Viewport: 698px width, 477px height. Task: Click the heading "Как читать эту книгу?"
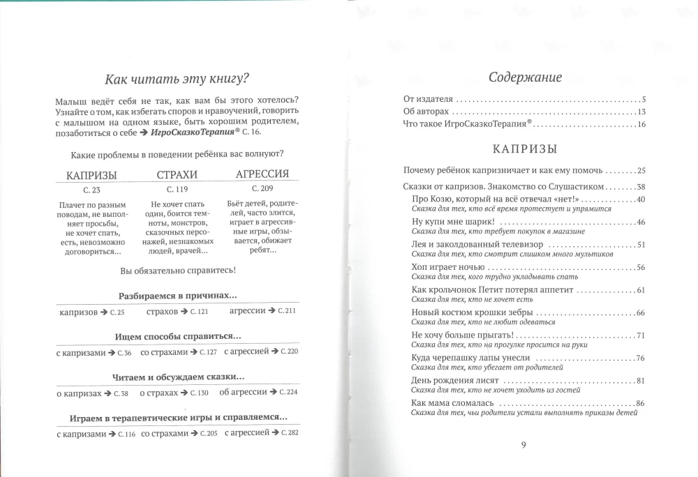(177, 77)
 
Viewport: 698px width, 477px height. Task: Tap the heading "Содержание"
(525, 77)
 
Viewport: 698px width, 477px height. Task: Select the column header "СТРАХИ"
(177, 174)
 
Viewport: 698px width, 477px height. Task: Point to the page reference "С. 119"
(177, 188)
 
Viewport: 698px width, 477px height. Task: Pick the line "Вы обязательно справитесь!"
(177, 269)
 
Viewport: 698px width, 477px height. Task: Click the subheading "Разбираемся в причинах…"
(177, 295)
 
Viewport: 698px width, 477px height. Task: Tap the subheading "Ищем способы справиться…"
(177, 335)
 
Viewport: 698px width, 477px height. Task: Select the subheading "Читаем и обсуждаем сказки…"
(177, 377)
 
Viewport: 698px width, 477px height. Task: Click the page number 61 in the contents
(640, 290)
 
